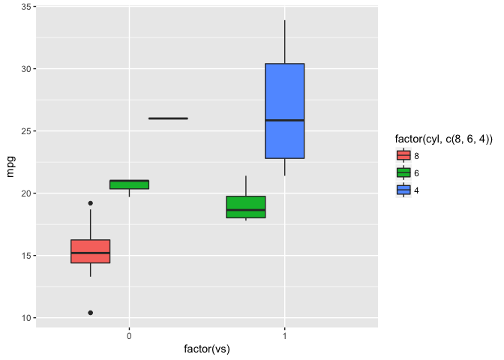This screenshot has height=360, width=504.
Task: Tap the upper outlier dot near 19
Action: (x=91, y=203)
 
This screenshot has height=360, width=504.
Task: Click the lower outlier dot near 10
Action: (x=91, y=313)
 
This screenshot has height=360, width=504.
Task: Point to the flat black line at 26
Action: (x=168, y=118)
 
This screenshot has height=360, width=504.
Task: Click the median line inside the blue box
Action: (x=284, y=120)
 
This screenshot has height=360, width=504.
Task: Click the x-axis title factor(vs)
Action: (x=207, y=349)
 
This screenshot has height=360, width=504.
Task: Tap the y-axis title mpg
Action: (x=10, y=166)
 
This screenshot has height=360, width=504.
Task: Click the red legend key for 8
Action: (x=403, y=156)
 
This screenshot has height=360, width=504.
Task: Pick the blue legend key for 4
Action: (x=403, y=190)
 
